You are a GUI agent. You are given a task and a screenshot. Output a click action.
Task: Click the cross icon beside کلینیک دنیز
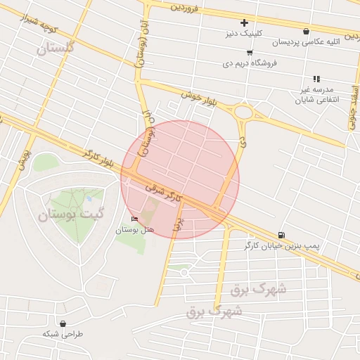244,22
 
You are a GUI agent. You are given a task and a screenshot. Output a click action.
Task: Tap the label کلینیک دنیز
244,33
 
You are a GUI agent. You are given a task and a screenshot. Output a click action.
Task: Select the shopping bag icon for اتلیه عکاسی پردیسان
306,31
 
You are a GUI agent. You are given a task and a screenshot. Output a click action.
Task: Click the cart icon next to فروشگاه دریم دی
250,52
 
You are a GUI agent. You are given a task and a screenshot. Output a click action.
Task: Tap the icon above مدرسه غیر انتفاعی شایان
316,79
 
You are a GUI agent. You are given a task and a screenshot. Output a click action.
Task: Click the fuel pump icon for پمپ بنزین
282,234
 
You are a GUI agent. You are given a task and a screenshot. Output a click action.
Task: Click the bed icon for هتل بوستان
134,219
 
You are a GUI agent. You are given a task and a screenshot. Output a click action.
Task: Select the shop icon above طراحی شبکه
64,323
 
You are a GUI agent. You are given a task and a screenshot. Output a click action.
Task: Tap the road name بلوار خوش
190,97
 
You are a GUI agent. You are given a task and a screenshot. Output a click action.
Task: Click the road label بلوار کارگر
98,157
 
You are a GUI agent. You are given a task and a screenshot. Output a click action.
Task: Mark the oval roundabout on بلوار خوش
244,112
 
